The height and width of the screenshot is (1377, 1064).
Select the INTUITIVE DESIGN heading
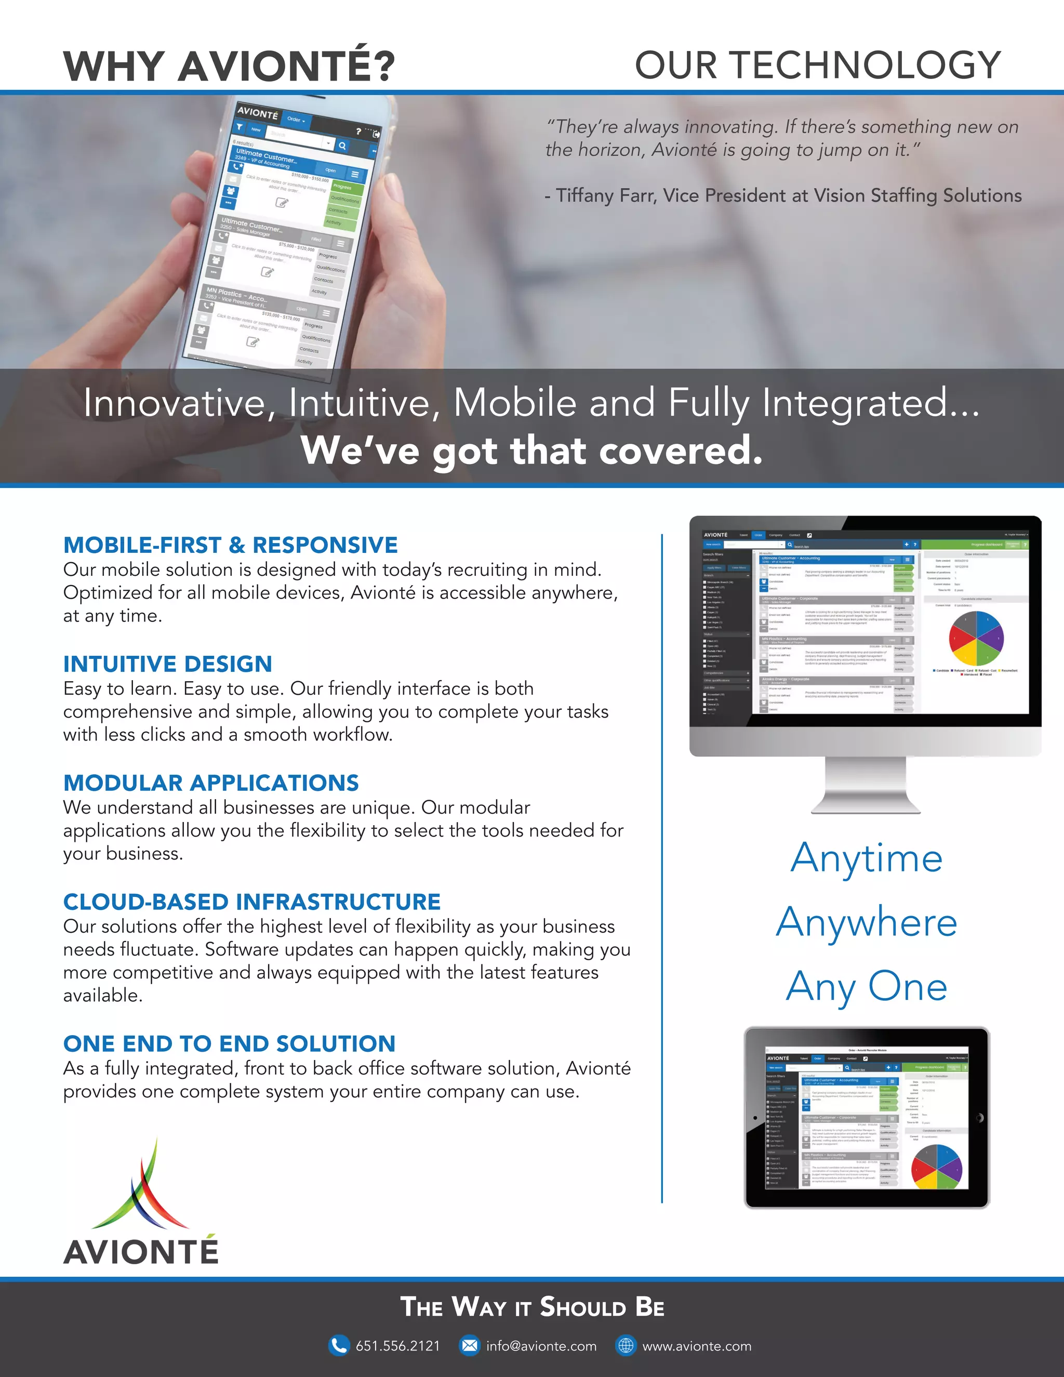[168, 664]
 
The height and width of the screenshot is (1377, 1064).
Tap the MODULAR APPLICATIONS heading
[211, 783]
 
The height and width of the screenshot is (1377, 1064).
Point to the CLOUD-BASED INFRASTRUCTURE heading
[251, 902]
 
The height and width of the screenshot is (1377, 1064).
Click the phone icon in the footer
[339, 1345]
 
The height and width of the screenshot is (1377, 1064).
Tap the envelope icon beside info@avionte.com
[469, 1345]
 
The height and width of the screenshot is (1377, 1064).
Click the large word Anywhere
[867, 922]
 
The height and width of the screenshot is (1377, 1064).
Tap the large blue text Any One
[867, 987]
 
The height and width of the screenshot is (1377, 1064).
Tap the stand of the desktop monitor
[866, 785]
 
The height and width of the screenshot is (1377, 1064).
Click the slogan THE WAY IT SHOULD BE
[532, 1307]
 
